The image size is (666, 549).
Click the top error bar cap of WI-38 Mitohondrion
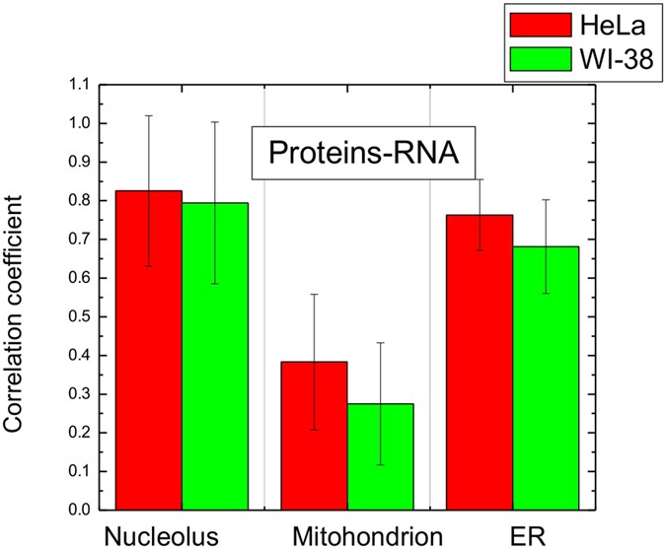click(380, 343)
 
